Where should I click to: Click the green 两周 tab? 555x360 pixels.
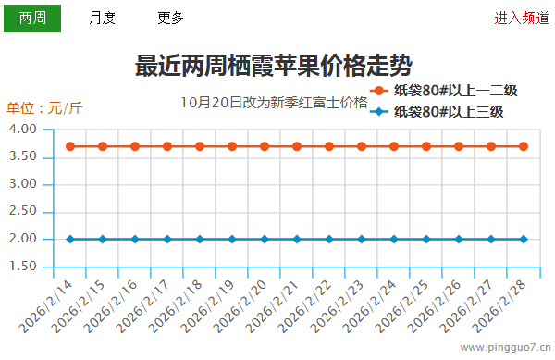coord(32,18)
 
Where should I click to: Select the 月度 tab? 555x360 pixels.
coord(103,18)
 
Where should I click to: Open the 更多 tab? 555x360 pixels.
coord(171,18)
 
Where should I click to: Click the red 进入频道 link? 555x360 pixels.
coord(521,18)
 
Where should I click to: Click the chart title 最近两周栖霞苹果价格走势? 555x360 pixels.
coord(274,66)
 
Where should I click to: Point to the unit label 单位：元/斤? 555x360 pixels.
coord(44,107)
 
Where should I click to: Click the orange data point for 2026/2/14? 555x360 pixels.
coord(70,146)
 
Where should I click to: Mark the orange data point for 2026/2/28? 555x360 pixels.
coord(524,146)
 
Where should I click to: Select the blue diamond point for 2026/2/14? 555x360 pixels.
coord(70,239)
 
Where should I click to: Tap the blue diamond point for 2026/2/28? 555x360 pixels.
coord(524,239)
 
